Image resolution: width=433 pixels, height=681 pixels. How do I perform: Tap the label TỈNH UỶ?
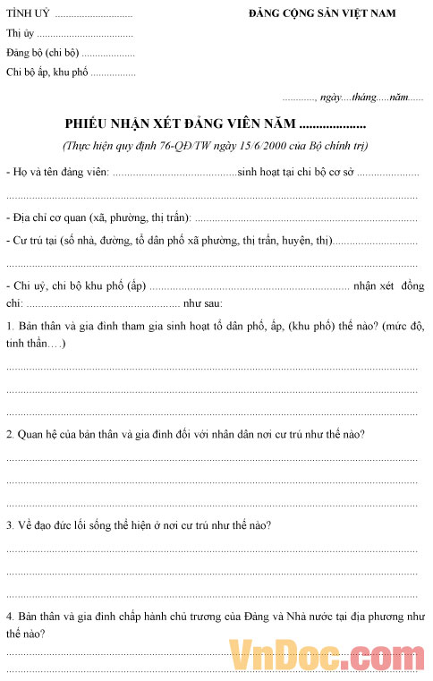tap(27, 13)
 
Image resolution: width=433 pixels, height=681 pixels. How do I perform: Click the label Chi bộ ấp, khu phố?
tap(47, 72)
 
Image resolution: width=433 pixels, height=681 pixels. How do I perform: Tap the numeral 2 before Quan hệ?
tap(9, 434)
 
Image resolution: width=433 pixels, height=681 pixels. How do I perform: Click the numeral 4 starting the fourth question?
tap(9, 617)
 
